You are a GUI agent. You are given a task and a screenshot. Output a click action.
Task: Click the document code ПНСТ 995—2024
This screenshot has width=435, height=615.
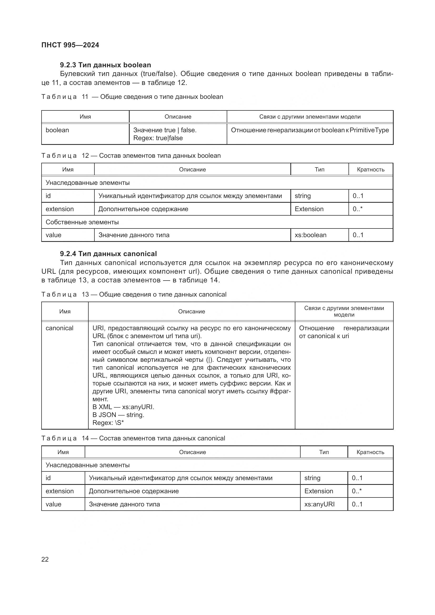pos(70,45)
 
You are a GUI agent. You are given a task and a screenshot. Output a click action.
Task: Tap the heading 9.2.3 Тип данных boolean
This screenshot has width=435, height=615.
pos(105,65)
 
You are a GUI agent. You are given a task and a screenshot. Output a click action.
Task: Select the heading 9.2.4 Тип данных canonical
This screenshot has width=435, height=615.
pos(108,254)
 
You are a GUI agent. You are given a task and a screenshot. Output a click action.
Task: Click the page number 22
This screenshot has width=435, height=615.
pos(45,559)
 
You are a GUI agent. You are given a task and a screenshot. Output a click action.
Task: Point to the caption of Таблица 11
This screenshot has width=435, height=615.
pos(132,97)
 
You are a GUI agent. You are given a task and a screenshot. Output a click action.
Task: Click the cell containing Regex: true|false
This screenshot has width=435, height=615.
pos(158,138)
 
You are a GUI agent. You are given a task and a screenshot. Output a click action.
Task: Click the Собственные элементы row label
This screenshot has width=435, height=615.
pos(82,222)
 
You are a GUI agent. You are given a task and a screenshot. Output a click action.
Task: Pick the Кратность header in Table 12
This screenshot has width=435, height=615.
pos(371,170)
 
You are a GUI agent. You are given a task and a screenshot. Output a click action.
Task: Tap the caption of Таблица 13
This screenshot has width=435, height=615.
pos(134,294)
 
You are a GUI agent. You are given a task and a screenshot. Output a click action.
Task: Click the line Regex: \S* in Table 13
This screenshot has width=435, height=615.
pos(108,423)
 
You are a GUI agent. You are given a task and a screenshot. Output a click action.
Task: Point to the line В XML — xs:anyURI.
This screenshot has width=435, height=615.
pos(123,407)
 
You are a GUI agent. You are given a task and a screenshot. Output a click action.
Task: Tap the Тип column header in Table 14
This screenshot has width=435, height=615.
pos(323,452)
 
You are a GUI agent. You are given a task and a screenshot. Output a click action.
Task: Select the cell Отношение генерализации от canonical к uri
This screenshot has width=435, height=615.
pos(344,332)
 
